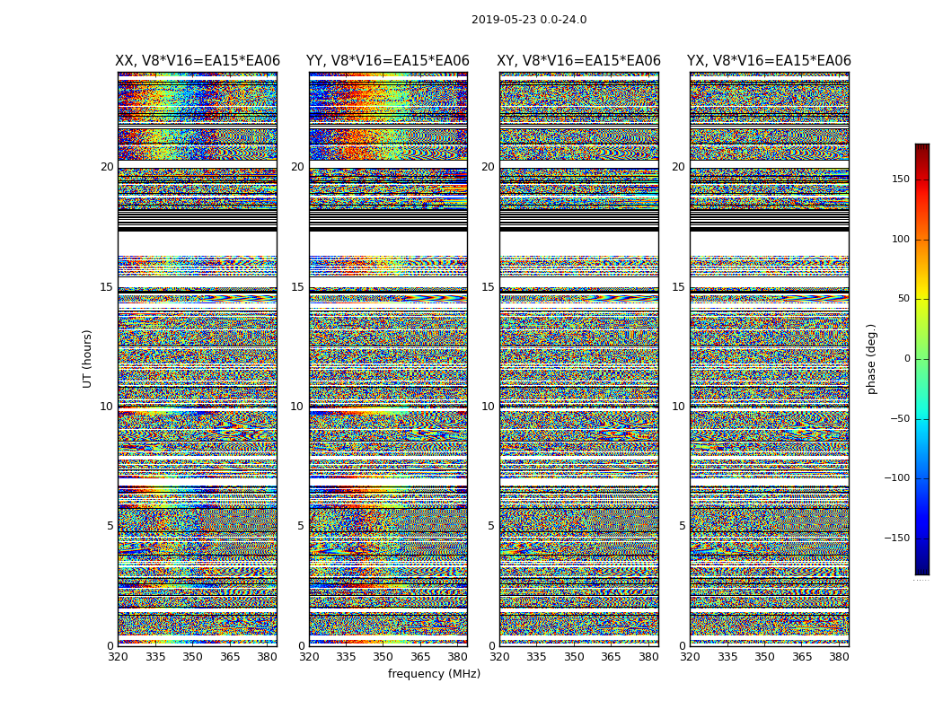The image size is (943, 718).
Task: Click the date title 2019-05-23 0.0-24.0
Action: coord(529,20)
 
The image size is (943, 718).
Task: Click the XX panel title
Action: coord(198,61)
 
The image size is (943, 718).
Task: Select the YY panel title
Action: coord(388,61)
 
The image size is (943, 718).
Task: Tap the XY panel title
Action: coord(579,61)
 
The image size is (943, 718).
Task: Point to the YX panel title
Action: coord(769,61)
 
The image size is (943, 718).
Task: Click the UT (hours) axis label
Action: coord(88,358)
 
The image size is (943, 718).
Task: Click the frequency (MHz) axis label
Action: coord(434,674)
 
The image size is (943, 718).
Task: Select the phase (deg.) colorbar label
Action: coord(871,359)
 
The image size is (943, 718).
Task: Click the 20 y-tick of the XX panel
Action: coord(107,167)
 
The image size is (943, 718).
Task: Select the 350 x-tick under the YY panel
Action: coord(383,657)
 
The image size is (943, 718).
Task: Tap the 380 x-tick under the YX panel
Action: coord(839,657)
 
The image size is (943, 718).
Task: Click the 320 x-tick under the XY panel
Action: coord(500,657)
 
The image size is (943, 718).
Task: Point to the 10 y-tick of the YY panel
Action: coord(297,407)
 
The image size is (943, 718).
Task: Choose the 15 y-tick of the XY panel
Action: coord(488,287)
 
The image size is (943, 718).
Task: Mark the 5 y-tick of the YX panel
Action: coord(682,526)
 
